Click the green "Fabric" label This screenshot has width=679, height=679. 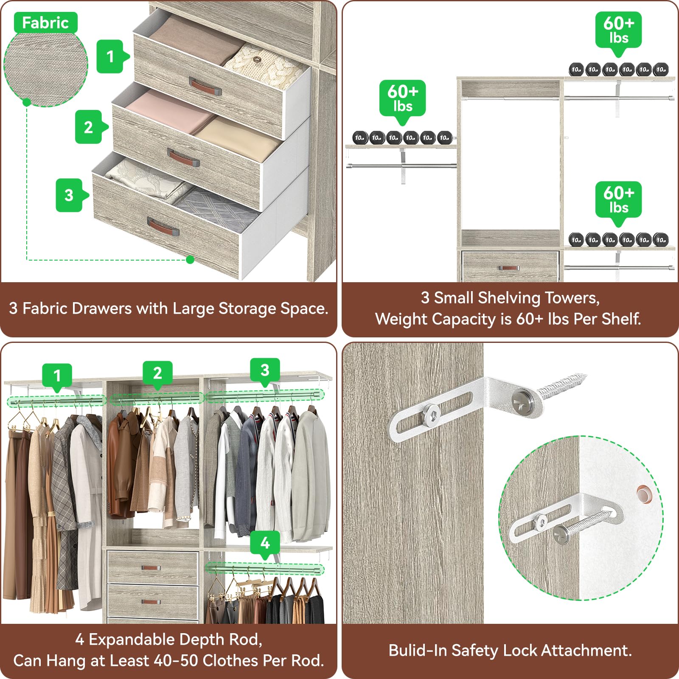[x=45, y=22]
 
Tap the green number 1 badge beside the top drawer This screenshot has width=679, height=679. [x=111, y=56]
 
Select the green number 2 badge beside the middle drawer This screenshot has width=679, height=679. [x=89, y=127]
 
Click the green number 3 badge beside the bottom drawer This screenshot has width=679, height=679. [x=69, y=195]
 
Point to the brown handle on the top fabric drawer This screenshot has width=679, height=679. [x=205, y=87]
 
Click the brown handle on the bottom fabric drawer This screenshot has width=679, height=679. [x=163, y=227]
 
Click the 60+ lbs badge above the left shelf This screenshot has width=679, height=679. [x=402, y=98]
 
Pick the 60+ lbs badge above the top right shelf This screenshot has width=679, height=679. [x=618, y=30]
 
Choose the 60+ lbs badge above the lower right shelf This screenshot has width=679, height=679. [x=618, y=199]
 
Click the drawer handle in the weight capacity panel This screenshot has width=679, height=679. [x=509, y=268]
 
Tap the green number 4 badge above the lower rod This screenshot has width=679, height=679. [x=265, y=543]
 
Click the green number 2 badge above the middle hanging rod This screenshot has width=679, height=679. [x=157, y=373]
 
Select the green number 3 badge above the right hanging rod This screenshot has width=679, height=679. [x=265, y=370]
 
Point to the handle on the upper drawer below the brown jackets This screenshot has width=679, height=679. [x=151, y=568]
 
